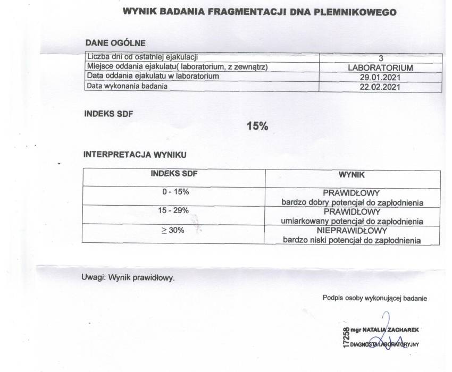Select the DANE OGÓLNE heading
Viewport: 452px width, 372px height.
pos(115,43)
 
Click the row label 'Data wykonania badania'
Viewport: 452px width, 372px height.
pos(128,86)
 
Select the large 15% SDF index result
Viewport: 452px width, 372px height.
pos(258,126)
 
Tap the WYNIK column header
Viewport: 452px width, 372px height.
pos(351,174)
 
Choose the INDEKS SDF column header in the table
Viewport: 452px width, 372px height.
pos(175,173)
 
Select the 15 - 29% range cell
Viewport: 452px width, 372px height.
pos(174,211)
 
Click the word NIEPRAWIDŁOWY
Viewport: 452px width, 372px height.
pos(351,231)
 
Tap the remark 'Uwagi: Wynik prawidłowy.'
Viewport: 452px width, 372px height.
pos(128,277)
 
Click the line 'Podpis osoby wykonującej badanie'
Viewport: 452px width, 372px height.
pos(374,298)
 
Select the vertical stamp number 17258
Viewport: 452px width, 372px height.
pos(346,337)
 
